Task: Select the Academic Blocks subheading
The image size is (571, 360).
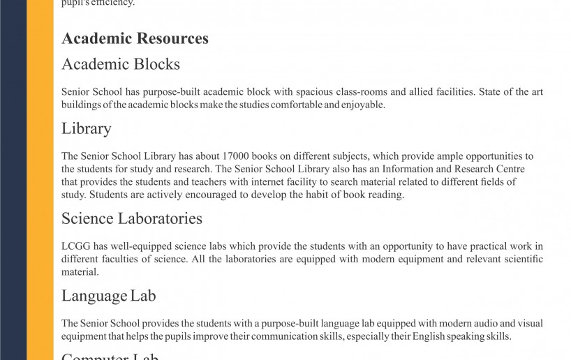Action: [121, 64]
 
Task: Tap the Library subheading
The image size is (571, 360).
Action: [87, 128]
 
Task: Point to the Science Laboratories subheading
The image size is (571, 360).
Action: [132, 218]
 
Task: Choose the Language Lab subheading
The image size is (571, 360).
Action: [108, 296]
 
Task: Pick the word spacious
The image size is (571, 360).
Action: [322, 92]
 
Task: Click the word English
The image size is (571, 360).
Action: [427, 336]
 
